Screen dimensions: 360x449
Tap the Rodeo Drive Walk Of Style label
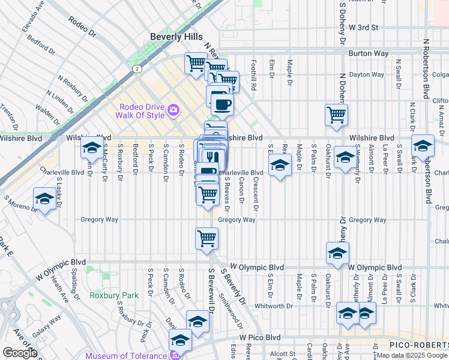pyautogui.click(x=142, y=110)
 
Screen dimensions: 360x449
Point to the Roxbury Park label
pyautogui.click(x=114, y=295)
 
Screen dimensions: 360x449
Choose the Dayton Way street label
pyautogui.click(x=367, y=75)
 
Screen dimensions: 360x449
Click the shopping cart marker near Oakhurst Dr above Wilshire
pyautogui.click(x=336, y=114)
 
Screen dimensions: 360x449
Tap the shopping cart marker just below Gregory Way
pyautogui.click(x=206, y=238)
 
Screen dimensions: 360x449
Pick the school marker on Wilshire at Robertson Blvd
pyautogui.click(x=423, y=146)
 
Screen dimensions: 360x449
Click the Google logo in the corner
pyautogui.click(x=19, y=353)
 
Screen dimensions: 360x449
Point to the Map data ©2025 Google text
pyautogui.click(x=412, y=356)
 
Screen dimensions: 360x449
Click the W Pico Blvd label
pyautogui.click(x=260, y=338)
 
